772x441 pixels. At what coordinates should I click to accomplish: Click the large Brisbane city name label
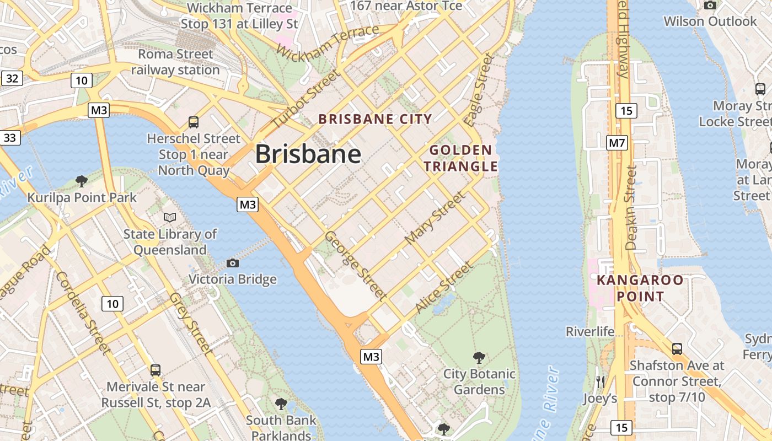pos(308,154)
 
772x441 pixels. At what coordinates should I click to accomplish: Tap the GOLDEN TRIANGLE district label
pos(460,158)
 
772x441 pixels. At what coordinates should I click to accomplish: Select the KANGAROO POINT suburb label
pos(640,288)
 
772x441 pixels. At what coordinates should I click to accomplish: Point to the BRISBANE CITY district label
pos(375,119)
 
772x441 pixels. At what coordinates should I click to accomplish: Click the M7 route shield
pos(617,143)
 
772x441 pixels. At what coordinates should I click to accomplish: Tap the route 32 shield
pos(12,78)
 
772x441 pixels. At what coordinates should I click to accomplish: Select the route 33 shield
pos(10,137)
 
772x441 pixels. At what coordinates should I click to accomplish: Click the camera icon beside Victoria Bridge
pos(233,263)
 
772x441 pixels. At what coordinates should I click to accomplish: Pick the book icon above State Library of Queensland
pos(170,218)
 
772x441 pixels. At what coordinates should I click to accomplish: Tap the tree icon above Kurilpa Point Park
pos(81,181)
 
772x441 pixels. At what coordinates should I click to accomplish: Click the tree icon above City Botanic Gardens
pos(479,357)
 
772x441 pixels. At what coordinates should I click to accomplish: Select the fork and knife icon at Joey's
pos(601,381)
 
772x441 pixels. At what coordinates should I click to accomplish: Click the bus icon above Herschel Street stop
pos(193,122)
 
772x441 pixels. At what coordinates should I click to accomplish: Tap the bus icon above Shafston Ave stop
pos(677,348)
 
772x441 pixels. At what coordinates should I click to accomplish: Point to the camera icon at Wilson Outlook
pos(710,5)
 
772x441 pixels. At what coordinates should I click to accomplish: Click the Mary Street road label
pos(435,218)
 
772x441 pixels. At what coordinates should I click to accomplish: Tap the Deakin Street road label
pos(631,208)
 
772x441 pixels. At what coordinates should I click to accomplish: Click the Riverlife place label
pos(590,331)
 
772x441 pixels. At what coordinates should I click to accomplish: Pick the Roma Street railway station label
pos(175,62)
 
